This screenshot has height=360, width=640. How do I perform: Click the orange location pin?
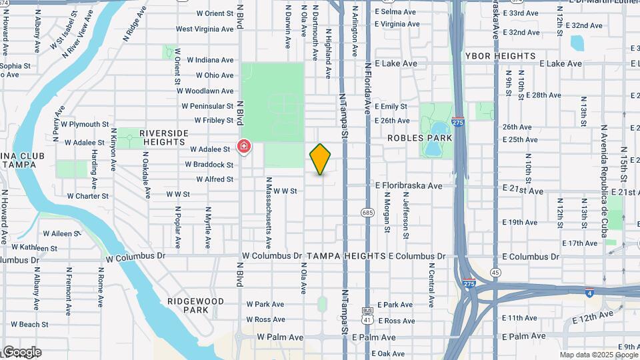click(x=321, y=159)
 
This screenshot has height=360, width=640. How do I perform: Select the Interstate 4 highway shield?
click(x=590, y=292)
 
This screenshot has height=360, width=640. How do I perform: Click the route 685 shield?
click(x=367, y=213)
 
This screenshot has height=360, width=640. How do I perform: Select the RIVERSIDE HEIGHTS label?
click(x=163, y=137)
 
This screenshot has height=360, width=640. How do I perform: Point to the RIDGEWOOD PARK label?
click(x=195, y=305)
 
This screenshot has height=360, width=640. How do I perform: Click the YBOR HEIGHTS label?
click(x=496, y=56)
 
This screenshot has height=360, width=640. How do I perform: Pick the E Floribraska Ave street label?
click(x=409, y=185)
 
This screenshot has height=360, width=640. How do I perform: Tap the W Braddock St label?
click(x=209, y=165)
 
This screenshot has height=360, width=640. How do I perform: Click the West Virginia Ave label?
click(x=205, y=29)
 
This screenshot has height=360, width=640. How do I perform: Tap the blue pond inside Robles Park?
click(x=438, y=131)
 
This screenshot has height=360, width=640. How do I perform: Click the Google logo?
click(x=21, y=352)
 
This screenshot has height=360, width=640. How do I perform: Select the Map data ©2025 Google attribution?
click(x=598, y=355)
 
